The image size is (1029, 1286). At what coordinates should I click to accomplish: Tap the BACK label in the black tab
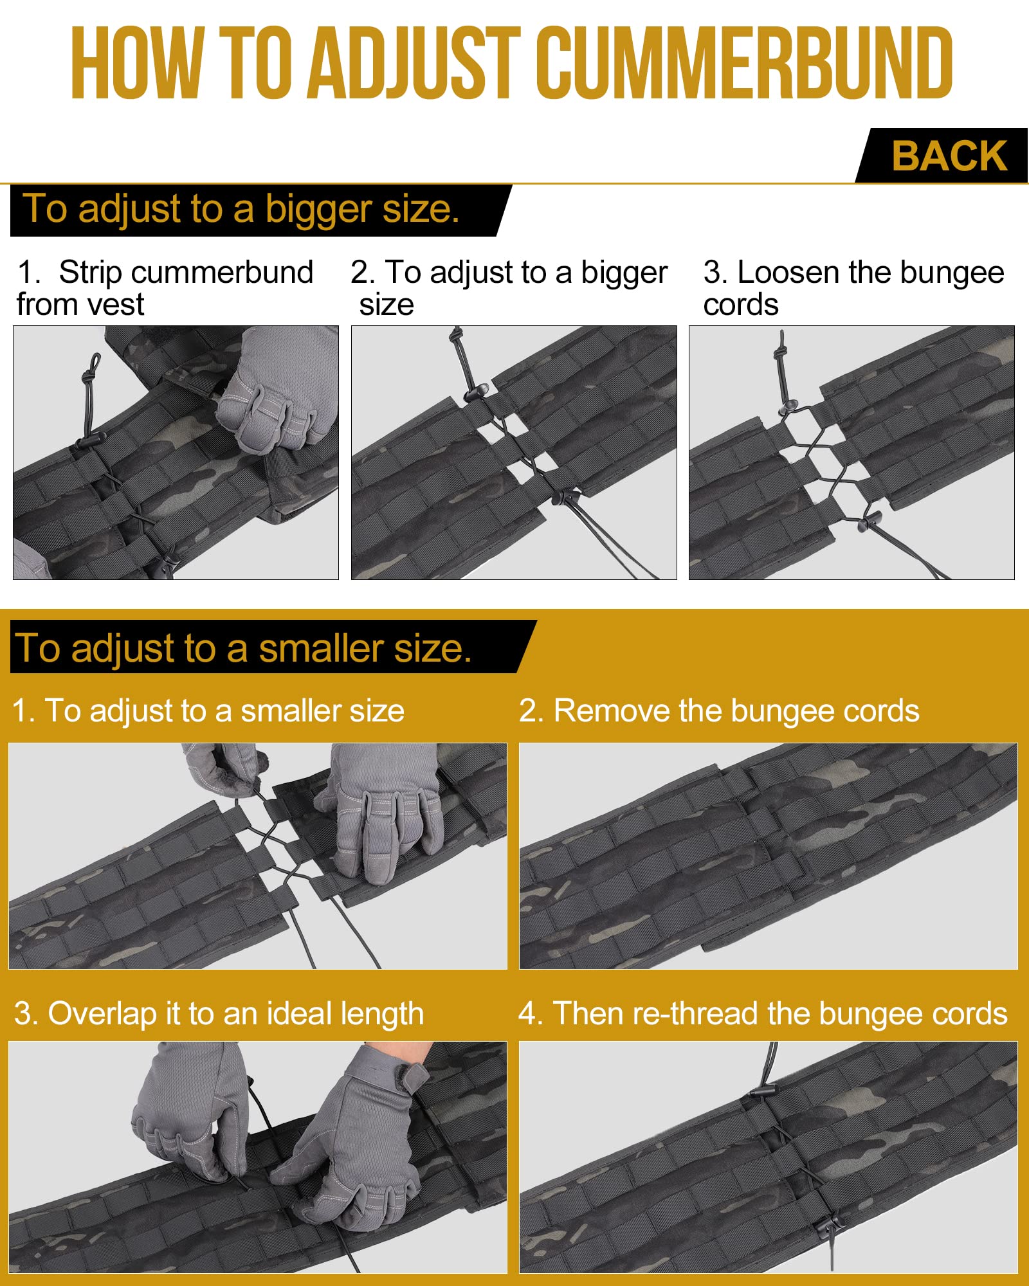[x=949, y=156]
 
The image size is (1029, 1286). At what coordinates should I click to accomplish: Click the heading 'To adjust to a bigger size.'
[x=241, y=210]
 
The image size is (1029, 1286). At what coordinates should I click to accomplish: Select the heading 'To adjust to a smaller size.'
[x=243, y=648]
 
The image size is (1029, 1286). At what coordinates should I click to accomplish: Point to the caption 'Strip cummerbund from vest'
[x=165, y=288]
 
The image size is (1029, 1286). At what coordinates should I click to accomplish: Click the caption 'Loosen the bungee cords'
[x=853, y=288]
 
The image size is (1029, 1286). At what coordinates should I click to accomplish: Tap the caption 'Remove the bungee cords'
[x=719, y=711]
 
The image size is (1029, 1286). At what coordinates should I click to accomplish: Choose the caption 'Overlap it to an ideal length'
[x=219, y=1014]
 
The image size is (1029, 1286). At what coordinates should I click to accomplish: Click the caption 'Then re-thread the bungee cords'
[x=763, y=1014]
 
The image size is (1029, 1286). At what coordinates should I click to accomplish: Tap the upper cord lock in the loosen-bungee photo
[x=787, y=408]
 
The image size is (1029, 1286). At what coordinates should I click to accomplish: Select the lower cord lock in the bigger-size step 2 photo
[x=565, y=496]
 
